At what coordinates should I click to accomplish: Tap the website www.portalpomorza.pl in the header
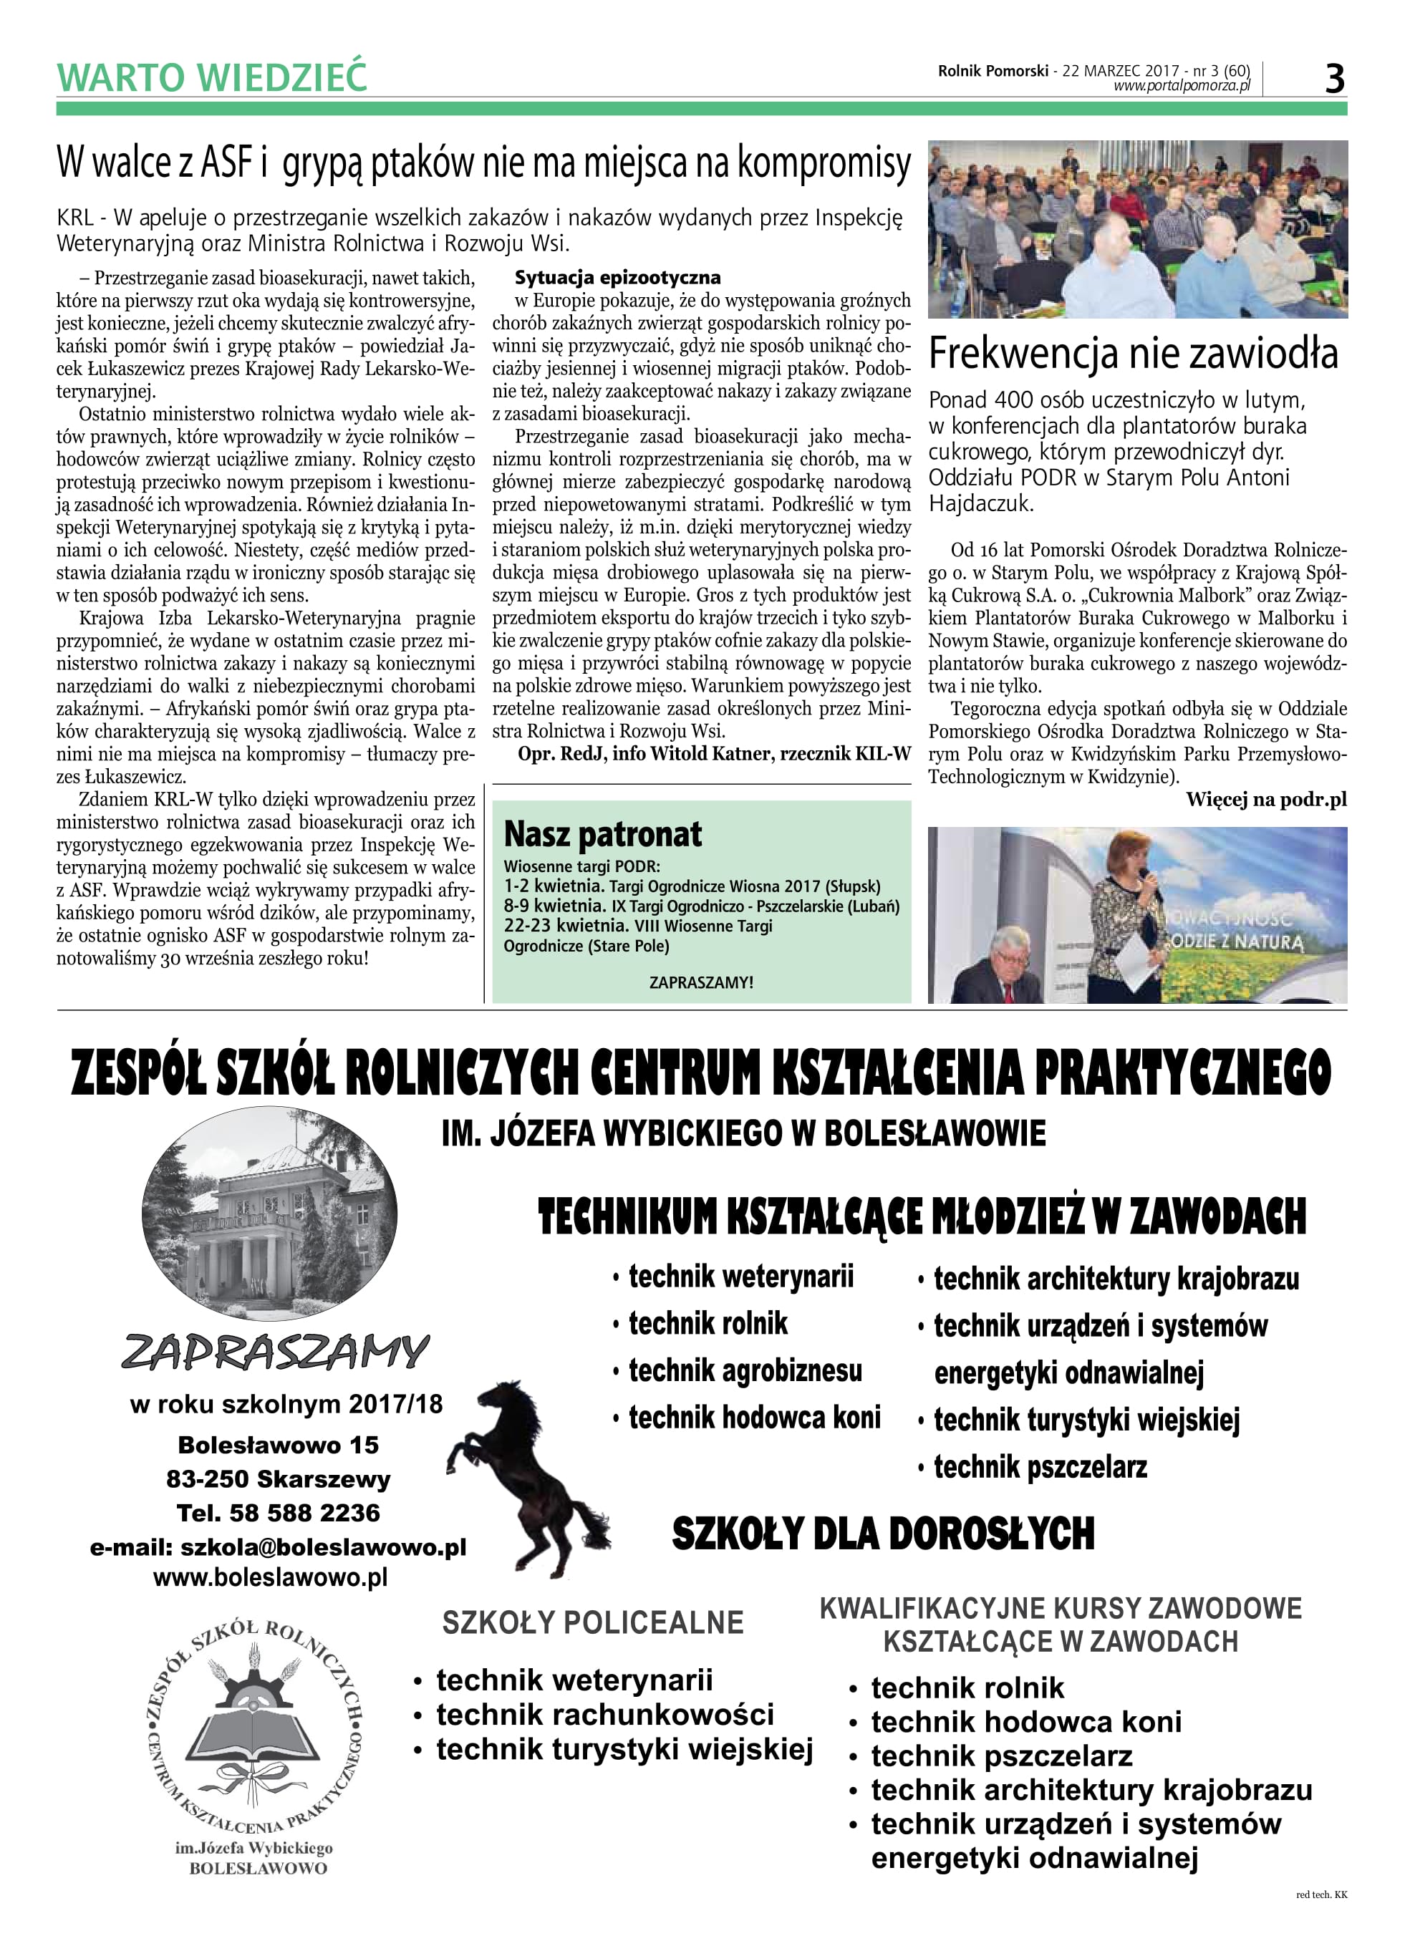(x=1181, y=86)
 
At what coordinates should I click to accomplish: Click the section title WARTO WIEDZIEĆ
(x=212, y=77)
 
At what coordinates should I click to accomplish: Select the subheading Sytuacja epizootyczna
(x=618, y=278)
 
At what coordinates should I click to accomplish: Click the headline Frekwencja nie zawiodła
(x=1133, y=354)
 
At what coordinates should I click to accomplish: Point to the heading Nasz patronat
(x=602, y=834)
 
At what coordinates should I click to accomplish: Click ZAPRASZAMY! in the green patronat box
(x=701, y=982)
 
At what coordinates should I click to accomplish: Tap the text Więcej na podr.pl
(x=1265, y=799)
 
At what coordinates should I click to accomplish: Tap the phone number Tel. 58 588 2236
(x=278, y=1513)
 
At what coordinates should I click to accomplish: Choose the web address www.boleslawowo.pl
(x=270, y=1578)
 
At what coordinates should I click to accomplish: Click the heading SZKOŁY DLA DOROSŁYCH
(x=883, y=1534)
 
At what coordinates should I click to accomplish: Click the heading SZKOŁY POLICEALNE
(x=593, y=1622)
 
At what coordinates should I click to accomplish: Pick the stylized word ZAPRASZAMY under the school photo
(x=275, y=1352)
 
